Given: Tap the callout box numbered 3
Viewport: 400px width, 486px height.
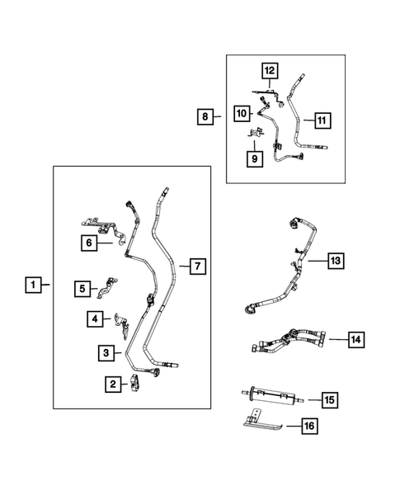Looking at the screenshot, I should click(106, 353).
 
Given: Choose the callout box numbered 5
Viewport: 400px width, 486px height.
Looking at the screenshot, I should click(83, 288).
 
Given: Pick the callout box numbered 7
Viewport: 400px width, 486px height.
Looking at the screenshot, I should click(196, 267).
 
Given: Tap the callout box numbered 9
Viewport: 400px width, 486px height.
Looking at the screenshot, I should click(254, 157).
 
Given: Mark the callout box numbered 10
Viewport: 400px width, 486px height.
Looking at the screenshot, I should click(241, 112).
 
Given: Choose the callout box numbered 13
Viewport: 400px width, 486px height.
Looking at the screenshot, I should click(334, 261).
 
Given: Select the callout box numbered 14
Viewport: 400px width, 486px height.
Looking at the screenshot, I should click(355, 338).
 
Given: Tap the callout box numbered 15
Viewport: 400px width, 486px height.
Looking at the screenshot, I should click(327, 400).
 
